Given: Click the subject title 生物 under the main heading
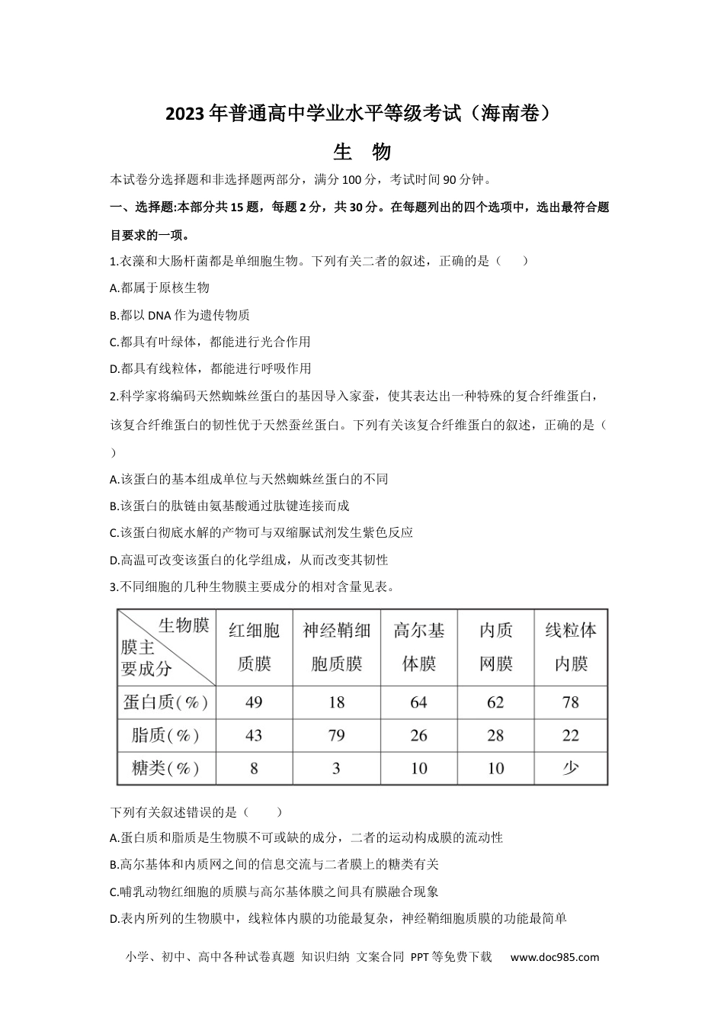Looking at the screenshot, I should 362,152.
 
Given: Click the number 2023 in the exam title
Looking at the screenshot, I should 185,114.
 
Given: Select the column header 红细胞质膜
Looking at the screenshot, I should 254,647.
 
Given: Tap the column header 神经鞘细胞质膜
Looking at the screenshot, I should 336,647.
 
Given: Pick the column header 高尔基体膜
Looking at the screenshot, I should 419,647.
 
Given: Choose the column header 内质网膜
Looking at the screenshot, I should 495,647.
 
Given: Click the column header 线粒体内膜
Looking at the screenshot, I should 571,647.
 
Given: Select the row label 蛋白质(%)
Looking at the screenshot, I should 165,702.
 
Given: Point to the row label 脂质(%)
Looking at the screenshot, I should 165,736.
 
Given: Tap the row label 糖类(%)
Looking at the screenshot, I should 165,768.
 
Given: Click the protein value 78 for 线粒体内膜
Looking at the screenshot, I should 571,702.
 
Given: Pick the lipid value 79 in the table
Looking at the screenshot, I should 336,736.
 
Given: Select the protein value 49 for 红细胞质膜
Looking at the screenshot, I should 254,702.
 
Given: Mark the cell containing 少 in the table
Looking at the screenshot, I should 571,768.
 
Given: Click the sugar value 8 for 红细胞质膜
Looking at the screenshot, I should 254,768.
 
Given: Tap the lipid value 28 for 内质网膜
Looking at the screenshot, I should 495,736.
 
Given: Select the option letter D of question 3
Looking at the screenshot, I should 114,919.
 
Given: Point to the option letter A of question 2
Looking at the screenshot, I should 114,480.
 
